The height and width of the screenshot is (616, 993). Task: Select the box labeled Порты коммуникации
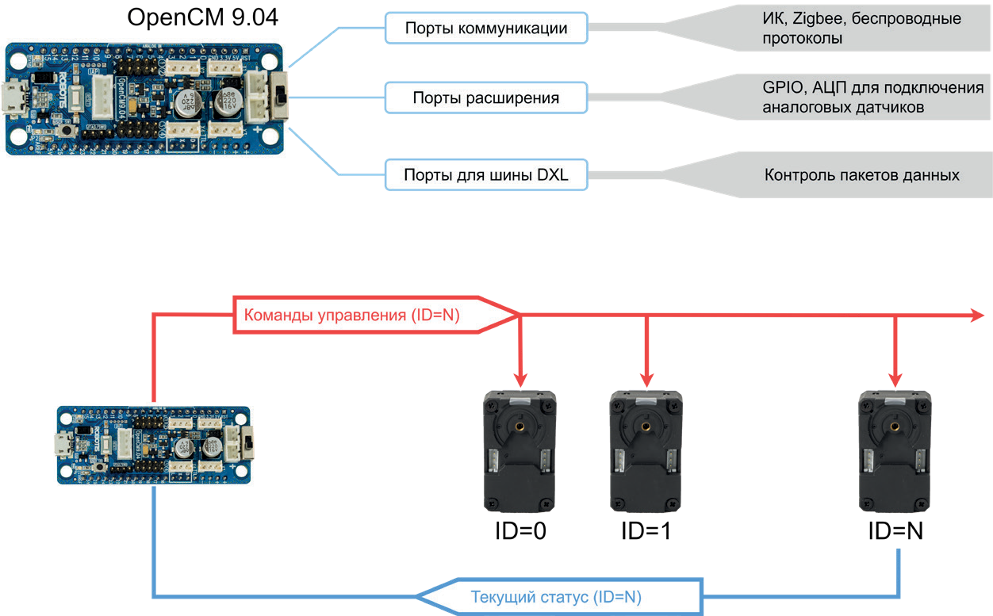[x=486, y=28]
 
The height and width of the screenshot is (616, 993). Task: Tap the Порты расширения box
[x=486, y=98]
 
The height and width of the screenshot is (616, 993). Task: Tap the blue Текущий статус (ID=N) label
[x=555, y=597]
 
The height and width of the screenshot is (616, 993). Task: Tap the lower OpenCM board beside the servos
[x=155, y=445]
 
